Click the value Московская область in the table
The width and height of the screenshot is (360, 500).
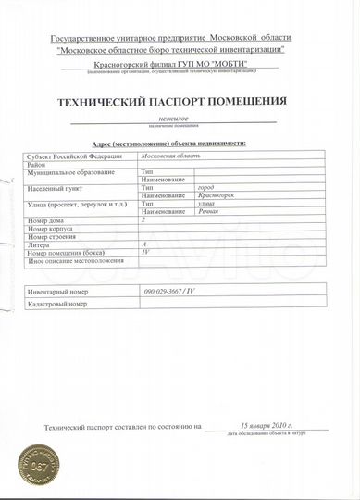[x=175, y=156]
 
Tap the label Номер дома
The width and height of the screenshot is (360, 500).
[x=47, y=220]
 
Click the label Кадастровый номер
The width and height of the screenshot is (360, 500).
[x=56, y=303]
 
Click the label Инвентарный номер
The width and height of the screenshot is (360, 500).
[x=57, y=291]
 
